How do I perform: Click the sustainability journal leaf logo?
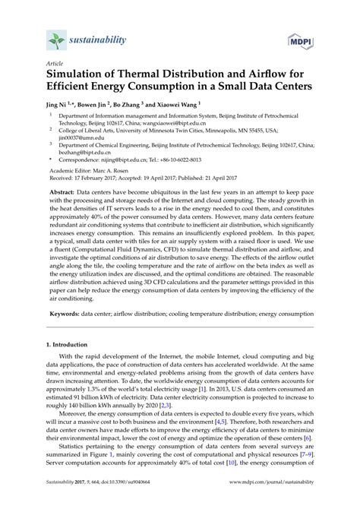pyautogui.click(x=54, y=37)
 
